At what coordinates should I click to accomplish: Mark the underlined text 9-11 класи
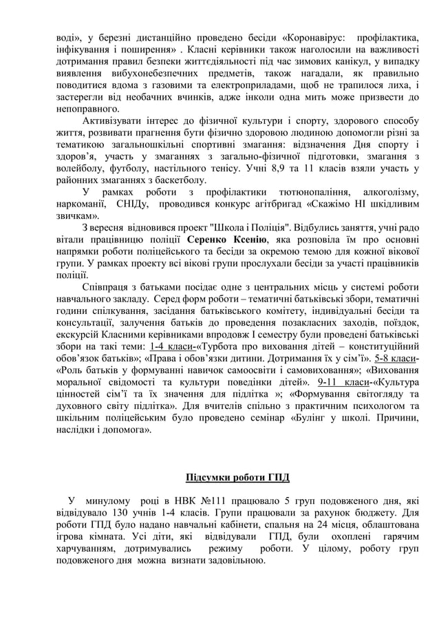click(342, 382)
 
